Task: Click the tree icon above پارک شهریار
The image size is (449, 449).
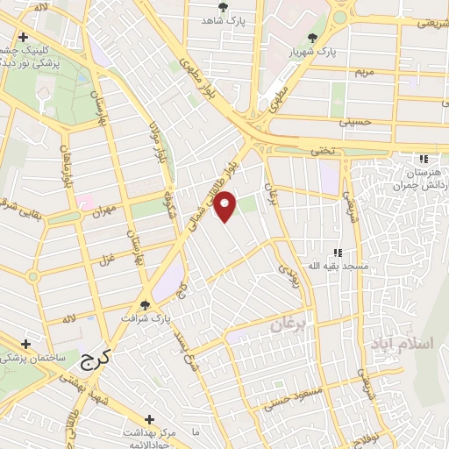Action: [313, 38]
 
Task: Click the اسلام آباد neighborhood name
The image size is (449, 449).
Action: [403, 340]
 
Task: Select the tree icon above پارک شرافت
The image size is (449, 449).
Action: [145, 305]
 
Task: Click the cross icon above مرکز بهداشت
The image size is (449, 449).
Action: [150, 419]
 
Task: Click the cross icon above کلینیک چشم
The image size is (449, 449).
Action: [24, 37]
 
